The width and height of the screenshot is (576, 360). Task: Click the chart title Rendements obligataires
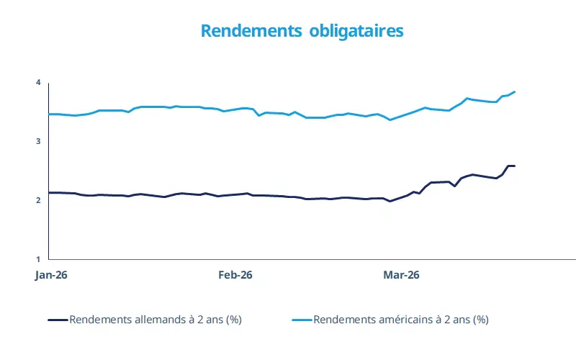(302, 32)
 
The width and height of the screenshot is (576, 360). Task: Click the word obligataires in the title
(356, 32)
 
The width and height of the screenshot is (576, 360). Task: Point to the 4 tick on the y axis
(38, 83)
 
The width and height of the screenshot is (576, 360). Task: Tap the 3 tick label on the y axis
(38, 142)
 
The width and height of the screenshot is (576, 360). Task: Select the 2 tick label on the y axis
(38, 200)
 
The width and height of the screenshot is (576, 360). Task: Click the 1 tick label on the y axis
(38, 259)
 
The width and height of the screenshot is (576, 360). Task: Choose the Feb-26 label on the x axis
(235, 275)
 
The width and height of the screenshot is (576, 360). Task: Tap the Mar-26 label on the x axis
(401, 275)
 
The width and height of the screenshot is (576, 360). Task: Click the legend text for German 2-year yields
(155, 320)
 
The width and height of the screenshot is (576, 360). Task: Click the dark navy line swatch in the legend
(58, 320)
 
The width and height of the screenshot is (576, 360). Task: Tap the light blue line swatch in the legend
(302, 320)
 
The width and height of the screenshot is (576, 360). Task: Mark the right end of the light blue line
(515, 91)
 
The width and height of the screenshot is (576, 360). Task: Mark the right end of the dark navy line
(515, 166)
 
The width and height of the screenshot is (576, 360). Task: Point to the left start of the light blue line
(49, 114)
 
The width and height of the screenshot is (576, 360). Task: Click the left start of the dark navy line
(49, 192)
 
